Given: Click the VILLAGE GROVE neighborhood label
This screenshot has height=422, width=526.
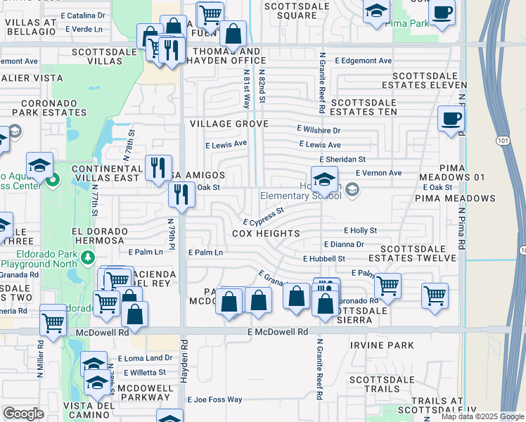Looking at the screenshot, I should point(229,124).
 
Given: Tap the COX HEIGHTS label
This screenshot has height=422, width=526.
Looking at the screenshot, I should point(266,234).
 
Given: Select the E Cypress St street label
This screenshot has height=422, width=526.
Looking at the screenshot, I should point(263,216).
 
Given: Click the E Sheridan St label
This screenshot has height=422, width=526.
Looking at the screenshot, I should point(342,160).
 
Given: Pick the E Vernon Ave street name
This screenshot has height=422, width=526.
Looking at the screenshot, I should point(378,172).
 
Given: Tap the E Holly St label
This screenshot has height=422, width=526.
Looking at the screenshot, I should point(361,230).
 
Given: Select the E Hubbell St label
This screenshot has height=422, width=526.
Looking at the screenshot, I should point(324,259).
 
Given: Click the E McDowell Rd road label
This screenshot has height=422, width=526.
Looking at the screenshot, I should point(278,331).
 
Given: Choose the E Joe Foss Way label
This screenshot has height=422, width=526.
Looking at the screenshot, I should point(214,399).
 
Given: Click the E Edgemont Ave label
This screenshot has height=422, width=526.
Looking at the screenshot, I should point(364,61).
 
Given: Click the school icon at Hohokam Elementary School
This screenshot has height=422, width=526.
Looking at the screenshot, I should point(324,179).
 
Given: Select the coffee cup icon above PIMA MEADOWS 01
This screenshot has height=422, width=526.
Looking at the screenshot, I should point(450,119).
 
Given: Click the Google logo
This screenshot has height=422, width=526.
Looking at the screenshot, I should point(24,414).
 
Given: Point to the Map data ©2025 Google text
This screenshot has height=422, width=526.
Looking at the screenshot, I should point(482,416).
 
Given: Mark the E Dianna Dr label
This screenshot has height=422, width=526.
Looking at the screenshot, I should point(344,245).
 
